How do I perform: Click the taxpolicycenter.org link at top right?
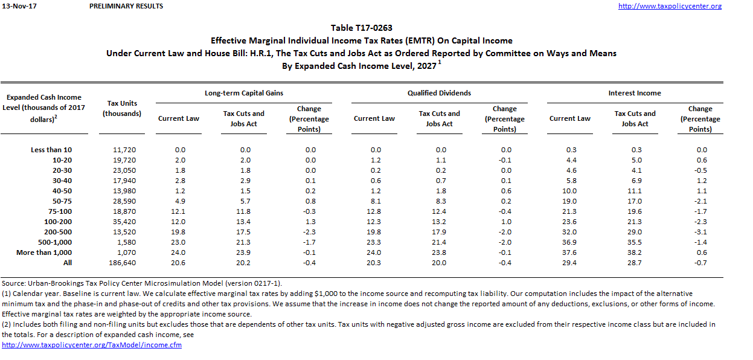670,6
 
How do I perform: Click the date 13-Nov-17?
16,6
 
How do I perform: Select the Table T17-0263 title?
361,28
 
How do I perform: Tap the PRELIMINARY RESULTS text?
126,6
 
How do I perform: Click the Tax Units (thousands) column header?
122,109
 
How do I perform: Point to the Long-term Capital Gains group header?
243,93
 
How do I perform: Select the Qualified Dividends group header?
439,93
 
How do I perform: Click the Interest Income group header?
635,93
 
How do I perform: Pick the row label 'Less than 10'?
51,150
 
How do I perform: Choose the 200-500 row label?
59,232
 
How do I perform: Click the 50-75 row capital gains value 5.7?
243,201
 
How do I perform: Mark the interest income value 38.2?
635,252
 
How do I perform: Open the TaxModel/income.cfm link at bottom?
92,345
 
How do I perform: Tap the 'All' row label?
67,263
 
